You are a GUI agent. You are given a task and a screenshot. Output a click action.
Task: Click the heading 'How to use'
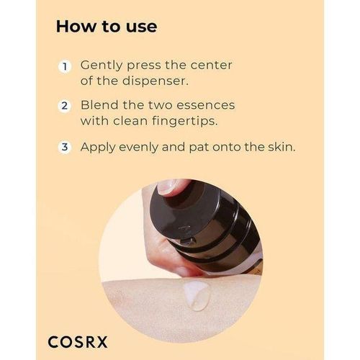[x=106, y=27]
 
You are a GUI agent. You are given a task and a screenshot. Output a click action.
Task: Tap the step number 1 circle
[x=65, y=66]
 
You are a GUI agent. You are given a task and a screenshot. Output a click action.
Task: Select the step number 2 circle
[x=65, y=106]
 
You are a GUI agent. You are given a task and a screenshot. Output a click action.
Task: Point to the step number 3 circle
[x=65, y=146]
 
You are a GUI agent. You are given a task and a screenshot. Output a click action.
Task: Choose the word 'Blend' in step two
[x=99, y=106]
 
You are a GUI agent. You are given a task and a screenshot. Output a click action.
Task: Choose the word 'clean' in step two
[x=132, y=120]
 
